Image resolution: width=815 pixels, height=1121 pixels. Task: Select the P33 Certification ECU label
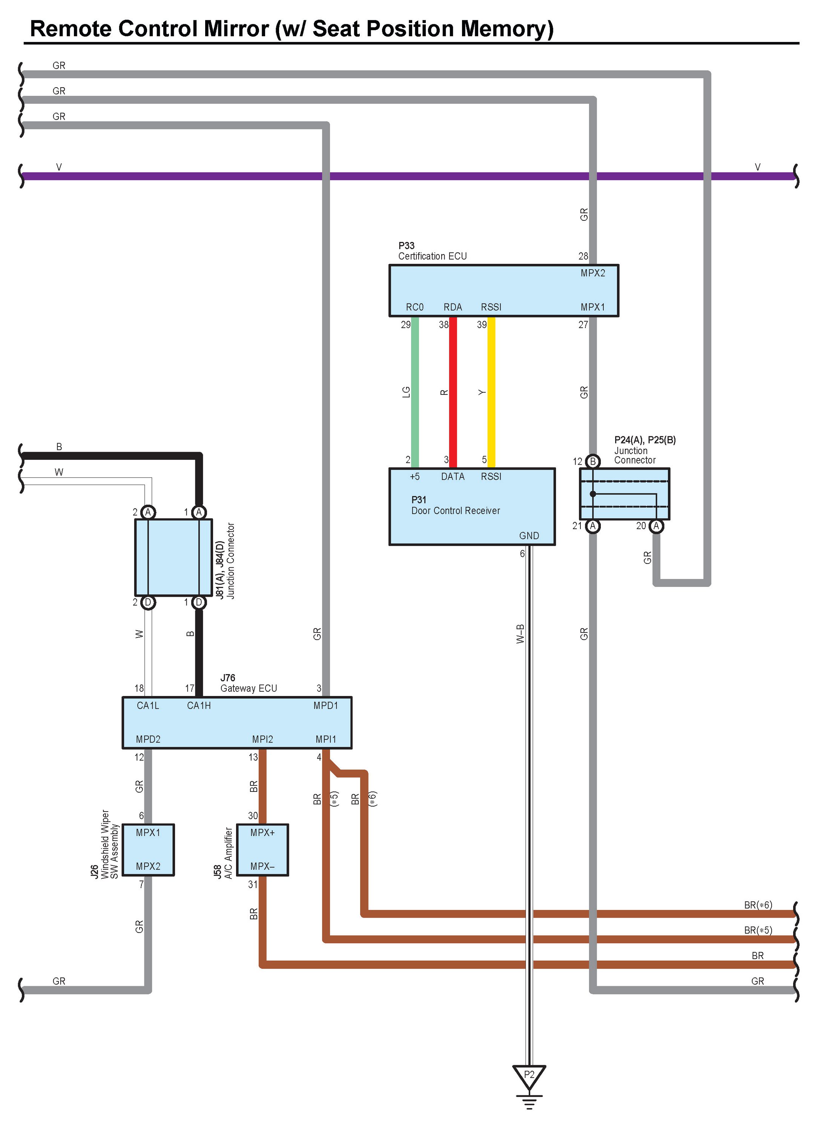tap(432, 251)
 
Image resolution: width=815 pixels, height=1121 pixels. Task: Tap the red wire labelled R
tap(453, 392)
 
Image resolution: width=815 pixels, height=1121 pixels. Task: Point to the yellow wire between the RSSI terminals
tap(491, 392)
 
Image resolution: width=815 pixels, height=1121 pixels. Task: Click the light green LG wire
tap(415, 392)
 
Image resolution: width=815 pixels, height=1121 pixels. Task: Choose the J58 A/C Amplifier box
tap(262, 850)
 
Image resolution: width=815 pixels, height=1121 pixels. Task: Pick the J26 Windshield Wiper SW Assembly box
tap(148, 850)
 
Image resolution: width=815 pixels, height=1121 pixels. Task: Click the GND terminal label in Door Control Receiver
tap(529, 536)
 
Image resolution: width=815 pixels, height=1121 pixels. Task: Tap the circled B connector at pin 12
tap(593, 462)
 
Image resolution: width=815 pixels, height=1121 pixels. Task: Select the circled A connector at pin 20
tap(656, 526)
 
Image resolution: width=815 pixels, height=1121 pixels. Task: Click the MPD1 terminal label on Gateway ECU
tap(325, 706)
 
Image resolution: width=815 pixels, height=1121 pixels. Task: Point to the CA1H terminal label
tap(198, 706)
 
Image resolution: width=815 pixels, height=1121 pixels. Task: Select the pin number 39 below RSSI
tap(482, 325)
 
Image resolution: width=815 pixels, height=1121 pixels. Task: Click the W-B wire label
tap(520, 634)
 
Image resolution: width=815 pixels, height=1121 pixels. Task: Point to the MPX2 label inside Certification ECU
tap(593, 273)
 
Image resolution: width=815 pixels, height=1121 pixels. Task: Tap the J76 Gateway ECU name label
tap(249, 683)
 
